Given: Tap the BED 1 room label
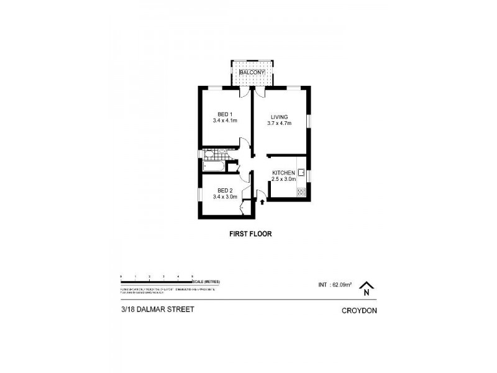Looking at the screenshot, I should point(224,114).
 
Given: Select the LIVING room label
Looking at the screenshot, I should point(280,116).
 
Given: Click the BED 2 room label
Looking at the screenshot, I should point(224,191).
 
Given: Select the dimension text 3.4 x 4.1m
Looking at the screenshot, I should point(224,121).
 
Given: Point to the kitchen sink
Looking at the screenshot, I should point(301,172).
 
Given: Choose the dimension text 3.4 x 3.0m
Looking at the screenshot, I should point(224,198).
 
